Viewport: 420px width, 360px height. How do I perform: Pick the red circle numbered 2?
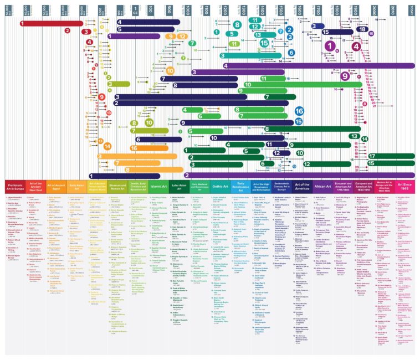pos(67,31)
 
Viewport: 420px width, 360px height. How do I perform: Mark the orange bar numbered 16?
pos(141,148)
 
